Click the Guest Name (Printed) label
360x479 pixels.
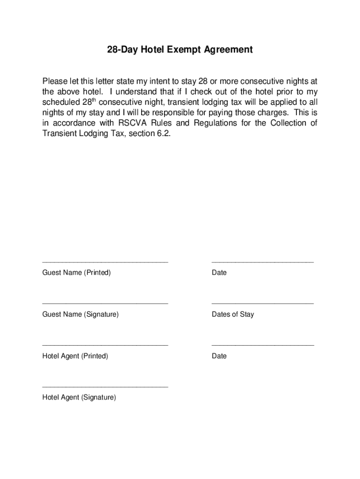click(77, 273)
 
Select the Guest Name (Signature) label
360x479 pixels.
click(80, 314)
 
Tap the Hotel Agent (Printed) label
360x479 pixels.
click(75, 356)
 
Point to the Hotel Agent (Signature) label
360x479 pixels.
click(79, 398)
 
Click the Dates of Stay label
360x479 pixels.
click(233, 314)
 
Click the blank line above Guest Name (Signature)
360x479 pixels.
click(105, 304)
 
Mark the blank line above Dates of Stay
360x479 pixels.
click(263, 304)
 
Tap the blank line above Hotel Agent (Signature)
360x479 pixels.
click(105, 387)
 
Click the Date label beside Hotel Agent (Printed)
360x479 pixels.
click(219, 356)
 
